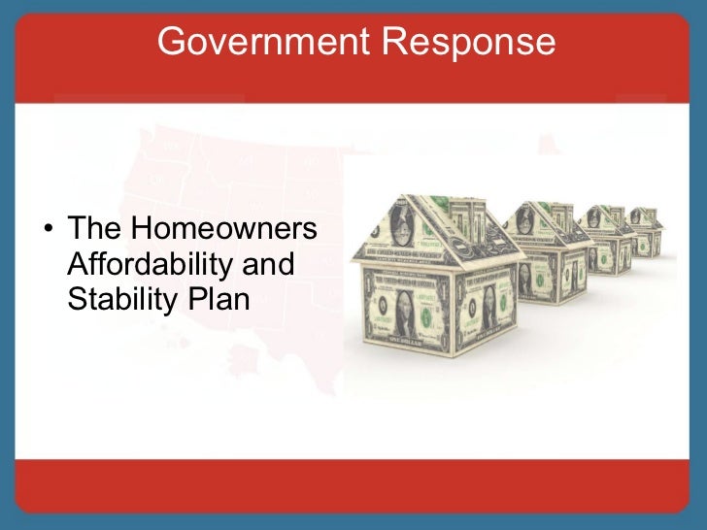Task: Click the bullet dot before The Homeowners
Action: click(x=47, y=231)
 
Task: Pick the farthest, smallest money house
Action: click(x=646, y=229)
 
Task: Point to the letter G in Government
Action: click(x=171, y=42)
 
